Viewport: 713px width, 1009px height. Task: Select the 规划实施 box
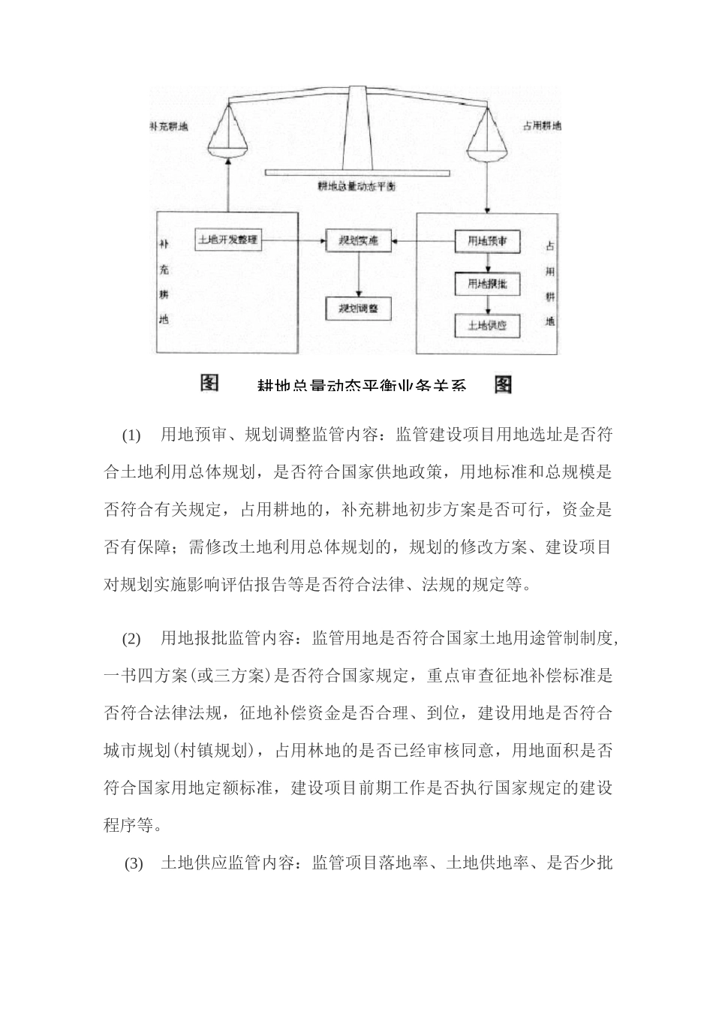coord(358,241)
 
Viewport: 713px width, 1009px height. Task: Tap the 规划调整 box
coord(358,308)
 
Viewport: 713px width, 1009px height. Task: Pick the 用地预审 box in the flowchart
coord(487,241)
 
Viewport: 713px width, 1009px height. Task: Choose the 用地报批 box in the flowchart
coord(487,284)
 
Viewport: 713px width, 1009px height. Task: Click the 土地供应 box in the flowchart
coord(487,325)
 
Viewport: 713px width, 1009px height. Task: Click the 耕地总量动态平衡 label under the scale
coord(356,186)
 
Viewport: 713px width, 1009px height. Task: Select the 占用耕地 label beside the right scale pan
coord(541,126)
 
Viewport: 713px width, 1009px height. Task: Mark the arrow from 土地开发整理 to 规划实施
coord(293,241)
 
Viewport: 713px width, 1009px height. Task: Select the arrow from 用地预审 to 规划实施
coord(424,241)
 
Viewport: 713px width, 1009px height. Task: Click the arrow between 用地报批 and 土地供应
coord(487,305)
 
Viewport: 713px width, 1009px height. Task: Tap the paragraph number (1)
coord(131,435)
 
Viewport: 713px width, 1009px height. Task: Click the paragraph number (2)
coord(131,639)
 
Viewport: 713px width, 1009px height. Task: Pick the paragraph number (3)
coord(134,864)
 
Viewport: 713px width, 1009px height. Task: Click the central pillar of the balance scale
coord(357,128)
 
